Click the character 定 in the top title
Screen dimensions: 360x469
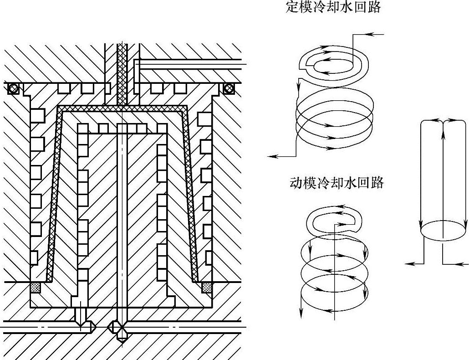(291, 8)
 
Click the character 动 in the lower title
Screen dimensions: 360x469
(296, 183)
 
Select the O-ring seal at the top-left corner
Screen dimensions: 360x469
(14, 88)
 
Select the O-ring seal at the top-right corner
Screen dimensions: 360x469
(228, 88)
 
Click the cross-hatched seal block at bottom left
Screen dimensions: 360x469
(36, 288)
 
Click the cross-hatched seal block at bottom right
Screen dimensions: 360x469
(207, 287)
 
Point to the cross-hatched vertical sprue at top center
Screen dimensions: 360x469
(122, 73)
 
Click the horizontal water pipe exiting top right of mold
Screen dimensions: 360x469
(191, 65)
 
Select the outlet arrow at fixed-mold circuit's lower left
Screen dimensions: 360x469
(273, 156)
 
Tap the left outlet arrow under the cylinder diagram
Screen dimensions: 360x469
(410, 263)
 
